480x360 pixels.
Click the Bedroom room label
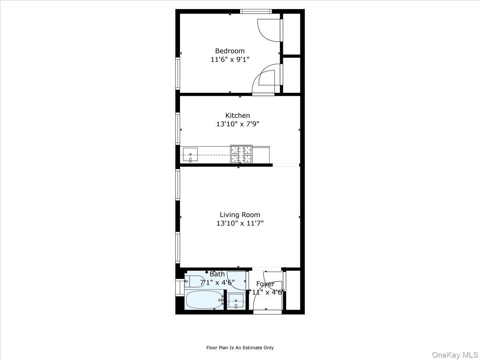click(230, 51)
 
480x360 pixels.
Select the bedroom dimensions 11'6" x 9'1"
click(230, 60)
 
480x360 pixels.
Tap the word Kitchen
click(238, 116)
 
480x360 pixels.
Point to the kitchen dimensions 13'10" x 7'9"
click(238, 124)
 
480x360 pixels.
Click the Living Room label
click(240, 215)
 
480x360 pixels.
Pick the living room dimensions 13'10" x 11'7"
click(240, 224)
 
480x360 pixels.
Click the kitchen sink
click(190, 154)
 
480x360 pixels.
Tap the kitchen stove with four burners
click(241, 154)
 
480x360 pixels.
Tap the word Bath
click(217, 274)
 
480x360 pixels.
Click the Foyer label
click(265, 284)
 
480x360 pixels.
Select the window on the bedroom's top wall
click(256, 11)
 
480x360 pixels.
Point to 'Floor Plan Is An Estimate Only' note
click(240, 348)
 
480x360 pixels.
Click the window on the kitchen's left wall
click(178, 128)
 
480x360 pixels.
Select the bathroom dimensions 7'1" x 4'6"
click(217, 282)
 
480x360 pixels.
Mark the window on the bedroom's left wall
click(178, 73)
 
